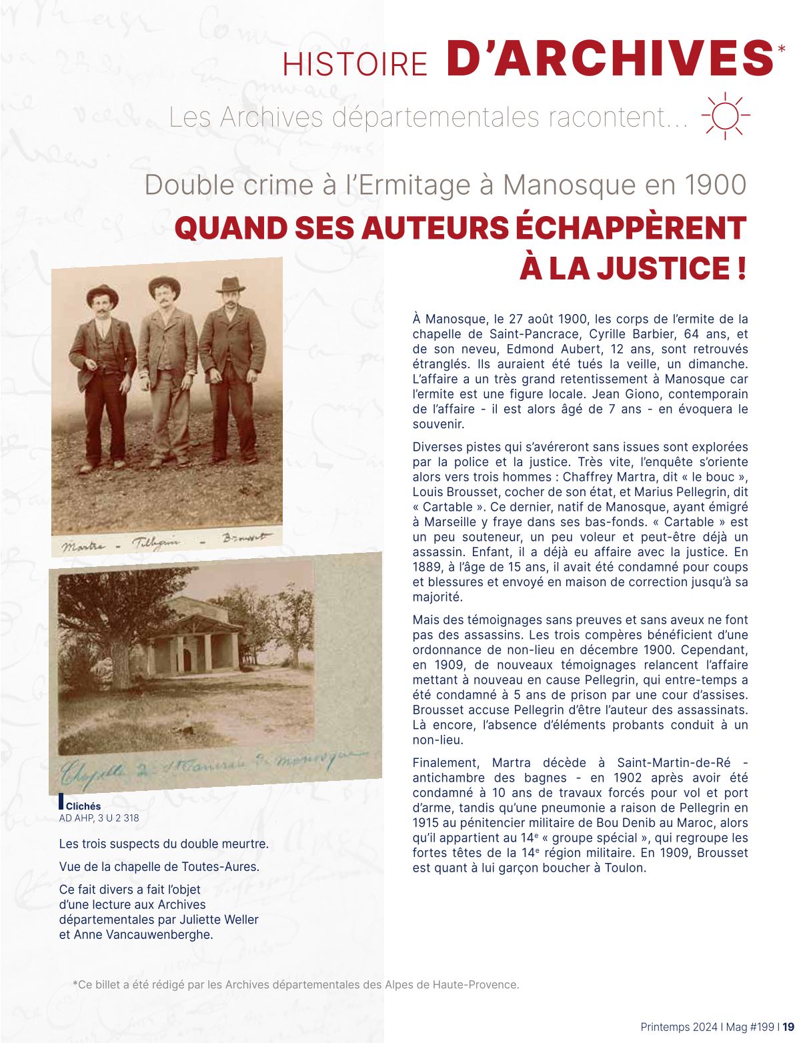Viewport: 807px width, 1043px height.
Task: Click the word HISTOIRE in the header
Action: click(355, 64)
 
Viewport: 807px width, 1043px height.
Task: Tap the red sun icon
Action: click(726, 115)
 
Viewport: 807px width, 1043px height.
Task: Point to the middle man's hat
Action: click(164, 285)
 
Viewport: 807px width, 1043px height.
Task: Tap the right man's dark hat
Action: click(231, 285)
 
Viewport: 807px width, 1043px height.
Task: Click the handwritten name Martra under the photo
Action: click(83, 546)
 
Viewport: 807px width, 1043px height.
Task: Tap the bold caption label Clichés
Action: click(83, 806)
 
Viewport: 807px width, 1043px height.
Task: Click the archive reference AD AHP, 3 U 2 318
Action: click(99, 818)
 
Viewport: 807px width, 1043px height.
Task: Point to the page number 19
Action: click(789, 1027)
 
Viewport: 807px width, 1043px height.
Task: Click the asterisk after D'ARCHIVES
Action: click(782, 49)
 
